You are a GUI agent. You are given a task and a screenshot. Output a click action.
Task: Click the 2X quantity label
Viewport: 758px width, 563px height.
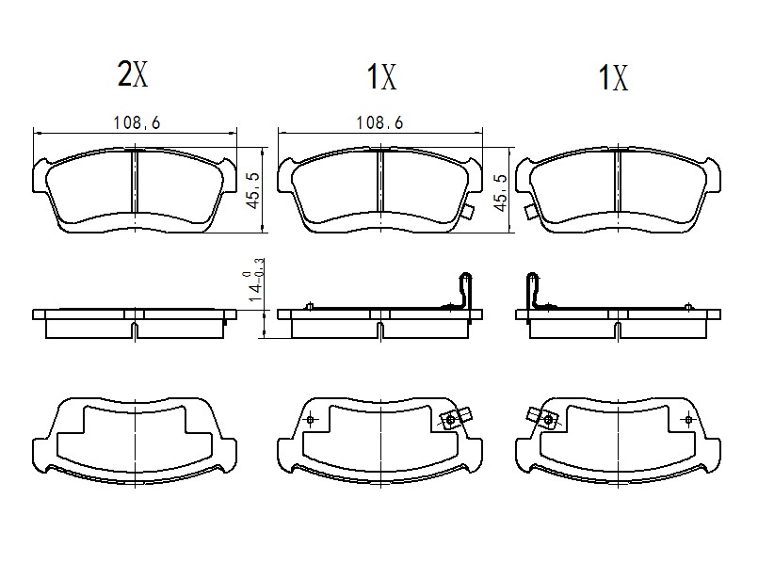click(133, 74)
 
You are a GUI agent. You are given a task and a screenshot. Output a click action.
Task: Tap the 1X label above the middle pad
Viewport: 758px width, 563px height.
click(381, 77)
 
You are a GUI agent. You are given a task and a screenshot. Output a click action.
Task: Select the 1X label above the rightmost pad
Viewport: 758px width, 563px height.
click(613, 77)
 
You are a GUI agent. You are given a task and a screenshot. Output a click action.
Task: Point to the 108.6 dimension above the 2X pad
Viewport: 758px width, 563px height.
click(137, 122)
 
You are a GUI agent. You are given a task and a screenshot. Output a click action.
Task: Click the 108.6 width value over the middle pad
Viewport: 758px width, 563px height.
click(379, 122)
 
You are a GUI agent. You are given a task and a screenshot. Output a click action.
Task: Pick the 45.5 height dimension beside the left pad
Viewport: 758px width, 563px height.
click(254, 191)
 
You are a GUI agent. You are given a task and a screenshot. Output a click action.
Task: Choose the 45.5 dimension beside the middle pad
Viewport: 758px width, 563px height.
click(501, 193)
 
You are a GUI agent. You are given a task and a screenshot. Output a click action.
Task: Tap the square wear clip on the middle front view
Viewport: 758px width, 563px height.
click(467, 211)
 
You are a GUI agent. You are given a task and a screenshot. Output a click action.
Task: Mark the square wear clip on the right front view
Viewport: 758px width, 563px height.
click(530, 211)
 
